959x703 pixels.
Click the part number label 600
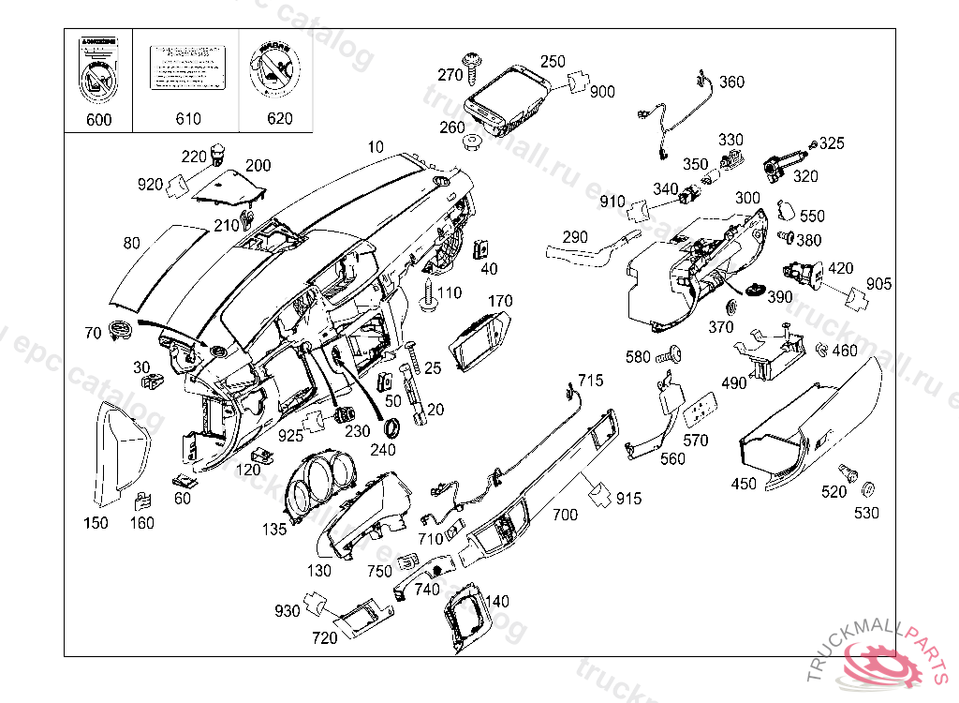coord(98,119)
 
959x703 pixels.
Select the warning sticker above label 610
coord(188,68)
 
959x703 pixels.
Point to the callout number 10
coord(376,147)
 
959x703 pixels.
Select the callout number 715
coord(591,381)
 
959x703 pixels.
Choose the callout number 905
coord(879,284)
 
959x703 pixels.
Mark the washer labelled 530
coord(867,489)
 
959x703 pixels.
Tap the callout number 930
coord(287,611)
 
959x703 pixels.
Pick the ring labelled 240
coord(395,428)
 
